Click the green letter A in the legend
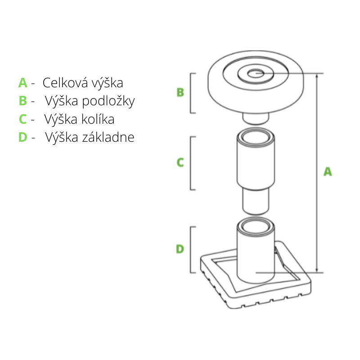click(x=23, y=83)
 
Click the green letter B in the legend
click(x=23, y=101)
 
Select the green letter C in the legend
click(x=23, y=119)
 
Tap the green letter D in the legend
click(x=23, y=137)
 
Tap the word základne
click(x=108, y=137)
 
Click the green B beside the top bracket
click(x=180, y=92)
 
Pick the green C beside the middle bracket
click(x=180, y=162)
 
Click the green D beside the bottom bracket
click(x=180, y=249)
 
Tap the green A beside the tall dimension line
click(x=328, y=171)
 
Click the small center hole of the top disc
click(x=256, y=73)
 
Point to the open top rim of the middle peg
click(x=255, y=135)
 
